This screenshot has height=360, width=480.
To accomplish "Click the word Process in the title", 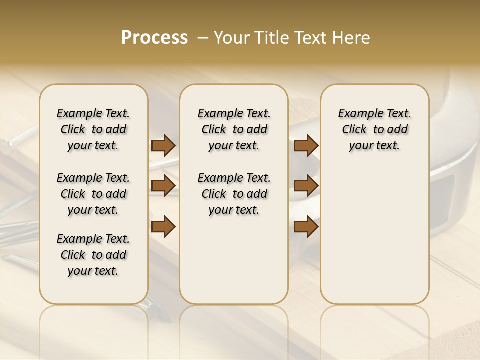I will click(154, 38).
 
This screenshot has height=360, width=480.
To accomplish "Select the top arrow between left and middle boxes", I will click(163, 146).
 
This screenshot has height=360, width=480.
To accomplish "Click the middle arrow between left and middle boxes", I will click(163, 186).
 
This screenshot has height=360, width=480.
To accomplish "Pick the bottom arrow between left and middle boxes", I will click(163, 226).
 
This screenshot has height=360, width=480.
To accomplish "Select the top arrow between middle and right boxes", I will click(306, 146).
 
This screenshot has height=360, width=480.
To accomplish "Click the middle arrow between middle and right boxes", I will click(306, 186).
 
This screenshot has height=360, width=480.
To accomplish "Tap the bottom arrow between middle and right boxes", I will click(306, 226).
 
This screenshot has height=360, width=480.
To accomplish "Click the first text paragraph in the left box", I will click(93, 129).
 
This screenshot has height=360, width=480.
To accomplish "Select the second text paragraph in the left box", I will click(93, 194).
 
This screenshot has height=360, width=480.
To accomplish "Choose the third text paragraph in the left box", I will click(93, 255).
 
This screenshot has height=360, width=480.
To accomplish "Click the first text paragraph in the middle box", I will click(234, 129).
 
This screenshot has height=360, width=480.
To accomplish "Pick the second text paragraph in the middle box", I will click(234, 194).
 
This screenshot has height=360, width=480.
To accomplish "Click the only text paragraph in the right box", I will click(375, 129).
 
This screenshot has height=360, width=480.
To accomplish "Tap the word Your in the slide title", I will click(233, 38).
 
